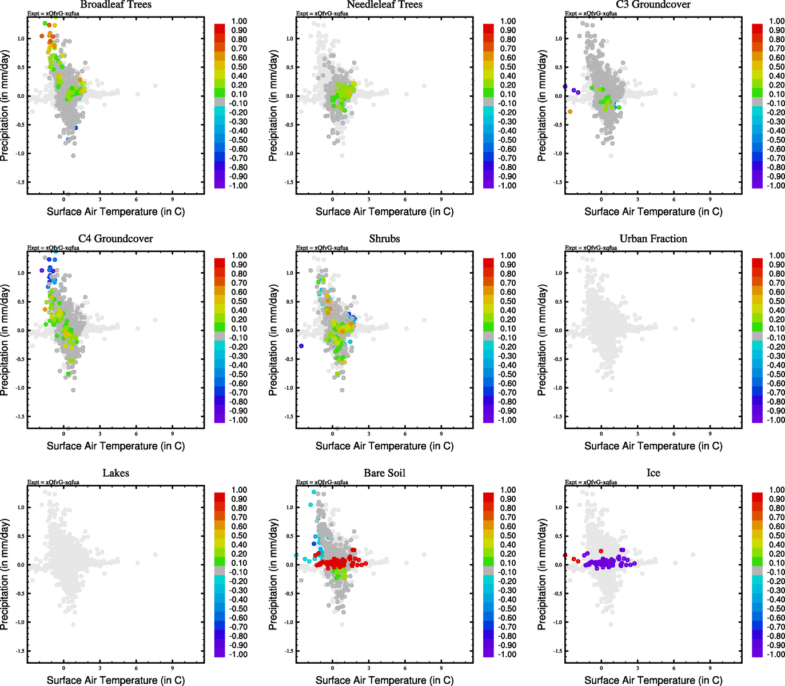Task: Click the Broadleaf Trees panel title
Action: coord(115,5)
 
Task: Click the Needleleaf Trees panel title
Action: coord(384,5)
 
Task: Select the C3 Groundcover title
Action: coord(653,5)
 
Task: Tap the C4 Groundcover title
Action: coord(115,239)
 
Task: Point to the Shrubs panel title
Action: coord(384,239)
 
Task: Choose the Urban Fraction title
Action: coord(653,239)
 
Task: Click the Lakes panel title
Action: coord(115,473)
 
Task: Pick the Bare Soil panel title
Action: coord(384,473)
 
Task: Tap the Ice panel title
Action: coord(653,473)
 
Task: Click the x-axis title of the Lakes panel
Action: coord(115,680)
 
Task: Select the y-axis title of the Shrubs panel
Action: coord(273,340)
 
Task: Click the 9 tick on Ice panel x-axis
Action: coord(710,667)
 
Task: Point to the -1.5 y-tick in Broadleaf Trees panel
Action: coord(20,182)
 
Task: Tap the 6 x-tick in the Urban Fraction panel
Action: coord(674,433)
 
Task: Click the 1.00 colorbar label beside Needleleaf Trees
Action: coord(508,21)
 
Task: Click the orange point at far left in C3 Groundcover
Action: coord(570,111)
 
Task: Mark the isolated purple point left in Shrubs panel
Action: coord(301,346)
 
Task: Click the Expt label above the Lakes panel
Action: coord(53,482)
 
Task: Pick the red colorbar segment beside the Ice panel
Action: coord(757,497)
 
